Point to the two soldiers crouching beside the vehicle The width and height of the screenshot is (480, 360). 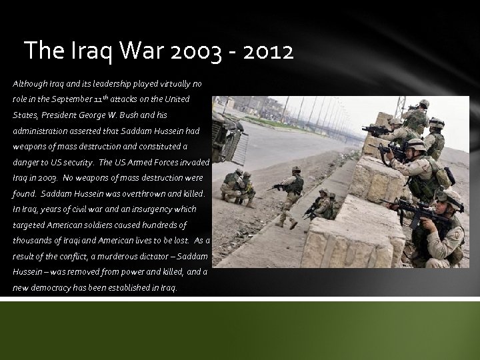tap(239, 187)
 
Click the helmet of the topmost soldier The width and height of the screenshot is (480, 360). tap(424, 103)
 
